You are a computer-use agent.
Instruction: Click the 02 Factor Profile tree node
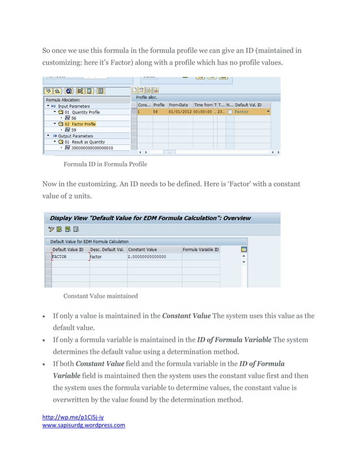pyautogui.click(x=80, y=124)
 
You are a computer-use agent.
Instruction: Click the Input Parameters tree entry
pyautogui.click(x=73, y=106)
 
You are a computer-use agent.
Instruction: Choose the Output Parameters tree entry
pyautogui.click(x=74, y=135)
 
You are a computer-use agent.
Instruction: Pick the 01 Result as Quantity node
pyautogui.click(x=84, y=142)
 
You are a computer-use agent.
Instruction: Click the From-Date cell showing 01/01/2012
pyautogui.click(x=179, y=112)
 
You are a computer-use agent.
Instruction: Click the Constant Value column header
pyautogui.click(x=143, y=249)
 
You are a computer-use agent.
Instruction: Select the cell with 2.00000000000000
pyautogui.click(x=147, y=256)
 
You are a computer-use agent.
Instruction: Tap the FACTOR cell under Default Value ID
pyautogui.click(x=59, y=256)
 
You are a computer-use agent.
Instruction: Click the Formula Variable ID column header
pyautogui.click(x=200, y=249)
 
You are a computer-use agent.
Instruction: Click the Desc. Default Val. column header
pyautogui.click(x=107, y=249)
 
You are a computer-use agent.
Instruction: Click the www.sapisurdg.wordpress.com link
pyautogui.click(x=84, y=425)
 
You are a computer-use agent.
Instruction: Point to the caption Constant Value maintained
pyautogui.click(x=100, y=296)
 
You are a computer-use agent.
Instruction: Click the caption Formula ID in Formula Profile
pyautogui.click(x=105, y=164)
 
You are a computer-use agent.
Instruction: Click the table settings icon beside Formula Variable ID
pyautogui.click(x=243, y=249)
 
